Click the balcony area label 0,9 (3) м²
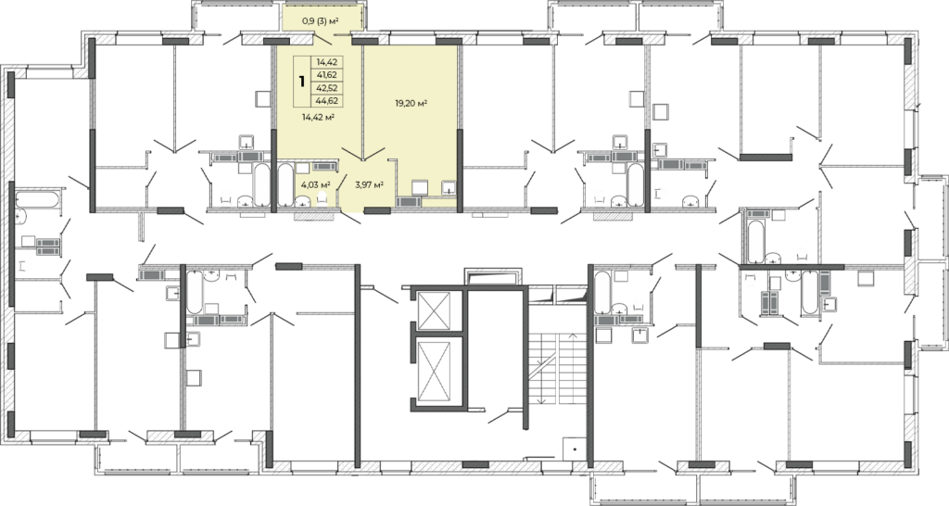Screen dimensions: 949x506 tap(320, 21)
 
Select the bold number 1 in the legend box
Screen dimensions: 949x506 tap(301, 82)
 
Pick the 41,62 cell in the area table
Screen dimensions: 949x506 tap(327, 75)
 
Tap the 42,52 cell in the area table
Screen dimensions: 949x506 tap(327, 88)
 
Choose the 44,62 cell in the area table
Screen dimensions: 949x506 tap(327, 100)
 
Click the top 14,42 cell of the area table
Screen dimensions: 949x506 tap(327, 62)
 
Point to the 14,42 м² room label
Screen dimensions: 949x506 tap(319, 117)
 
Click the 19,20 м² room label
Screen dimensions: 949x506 tap(411, 103)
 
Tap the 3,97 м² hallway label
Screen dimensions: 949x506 tap(369, 184)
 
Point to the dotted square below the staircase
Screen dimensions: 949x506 tap(573, 449)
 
